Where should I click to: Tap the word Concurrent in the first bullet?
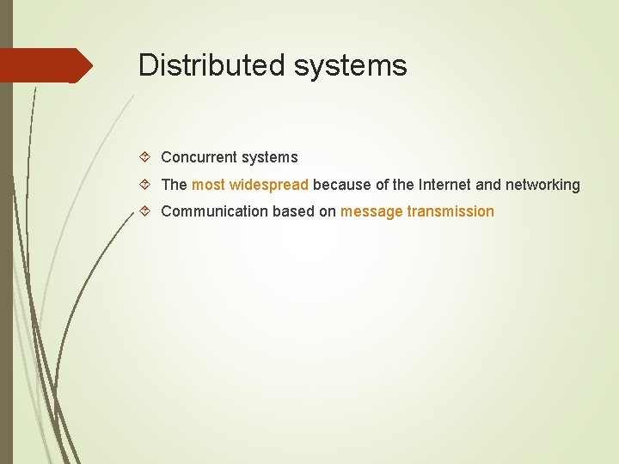pyautogui.click(x=199, y=157)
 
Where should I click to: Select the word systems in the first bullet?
pyautogui.click(x=269, y=157)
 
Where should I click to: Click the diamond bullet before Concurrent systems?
pyautogui.click(x=145, y=157)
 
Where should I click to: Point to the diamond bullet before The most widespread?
pyautogui.click(x=145, y=185)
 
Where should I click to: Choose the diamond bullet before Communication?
pyautogui.click(x=145, y=211)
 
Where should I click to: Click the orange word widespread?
pyautogui.click(x=268, y=185)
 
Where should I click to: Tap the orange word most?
pyautogui.click(x=208, y=185)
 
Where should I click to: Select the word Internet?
pyautogui.click(x=443, y=185)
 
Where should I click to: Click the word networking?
pyautogui.click(x=542, y=185)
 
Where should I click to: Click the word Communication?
pyautogui.click(x=215, y=211)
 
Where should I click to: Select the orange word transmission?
pyautogui.click(x=450, y=211)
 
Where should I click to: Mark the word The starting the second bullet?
pyautogui.click(x=174, y=185)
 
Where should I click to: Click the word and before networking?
pyautogui.click(x=487, y=185)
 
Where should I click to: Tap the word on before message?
pyautogui.click(x=328, y=211)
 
